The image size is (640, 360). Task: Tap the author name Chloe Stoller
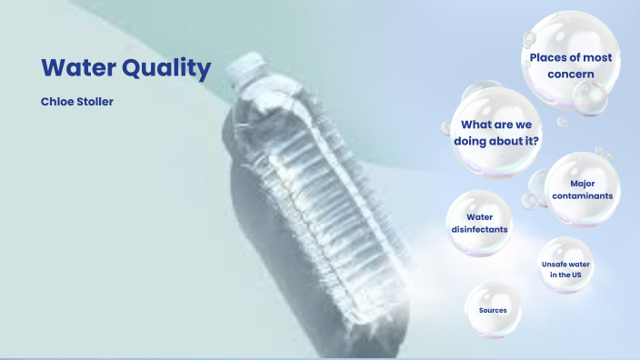pos(77,101)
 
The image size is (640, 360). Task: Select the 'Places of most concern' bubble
pos(571,65)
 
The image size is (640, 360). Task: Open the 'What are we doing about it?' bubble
pos(496,132)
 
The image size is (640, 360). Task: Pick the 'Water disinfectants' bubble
pos(479,223)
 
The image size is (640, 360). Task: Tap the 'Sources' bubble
pos(493,310)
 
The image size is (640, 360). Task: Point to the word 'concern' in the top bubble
pos(571,74)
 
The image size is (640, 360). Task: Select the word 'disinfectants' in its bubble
pos(479,229)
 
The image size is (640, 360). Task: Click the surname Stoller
pos(97,101)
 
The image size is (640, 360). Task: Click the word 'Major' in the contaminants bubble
pos(583,184)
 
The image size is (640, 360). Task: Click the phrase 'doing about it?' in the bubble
pos(496,141)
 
